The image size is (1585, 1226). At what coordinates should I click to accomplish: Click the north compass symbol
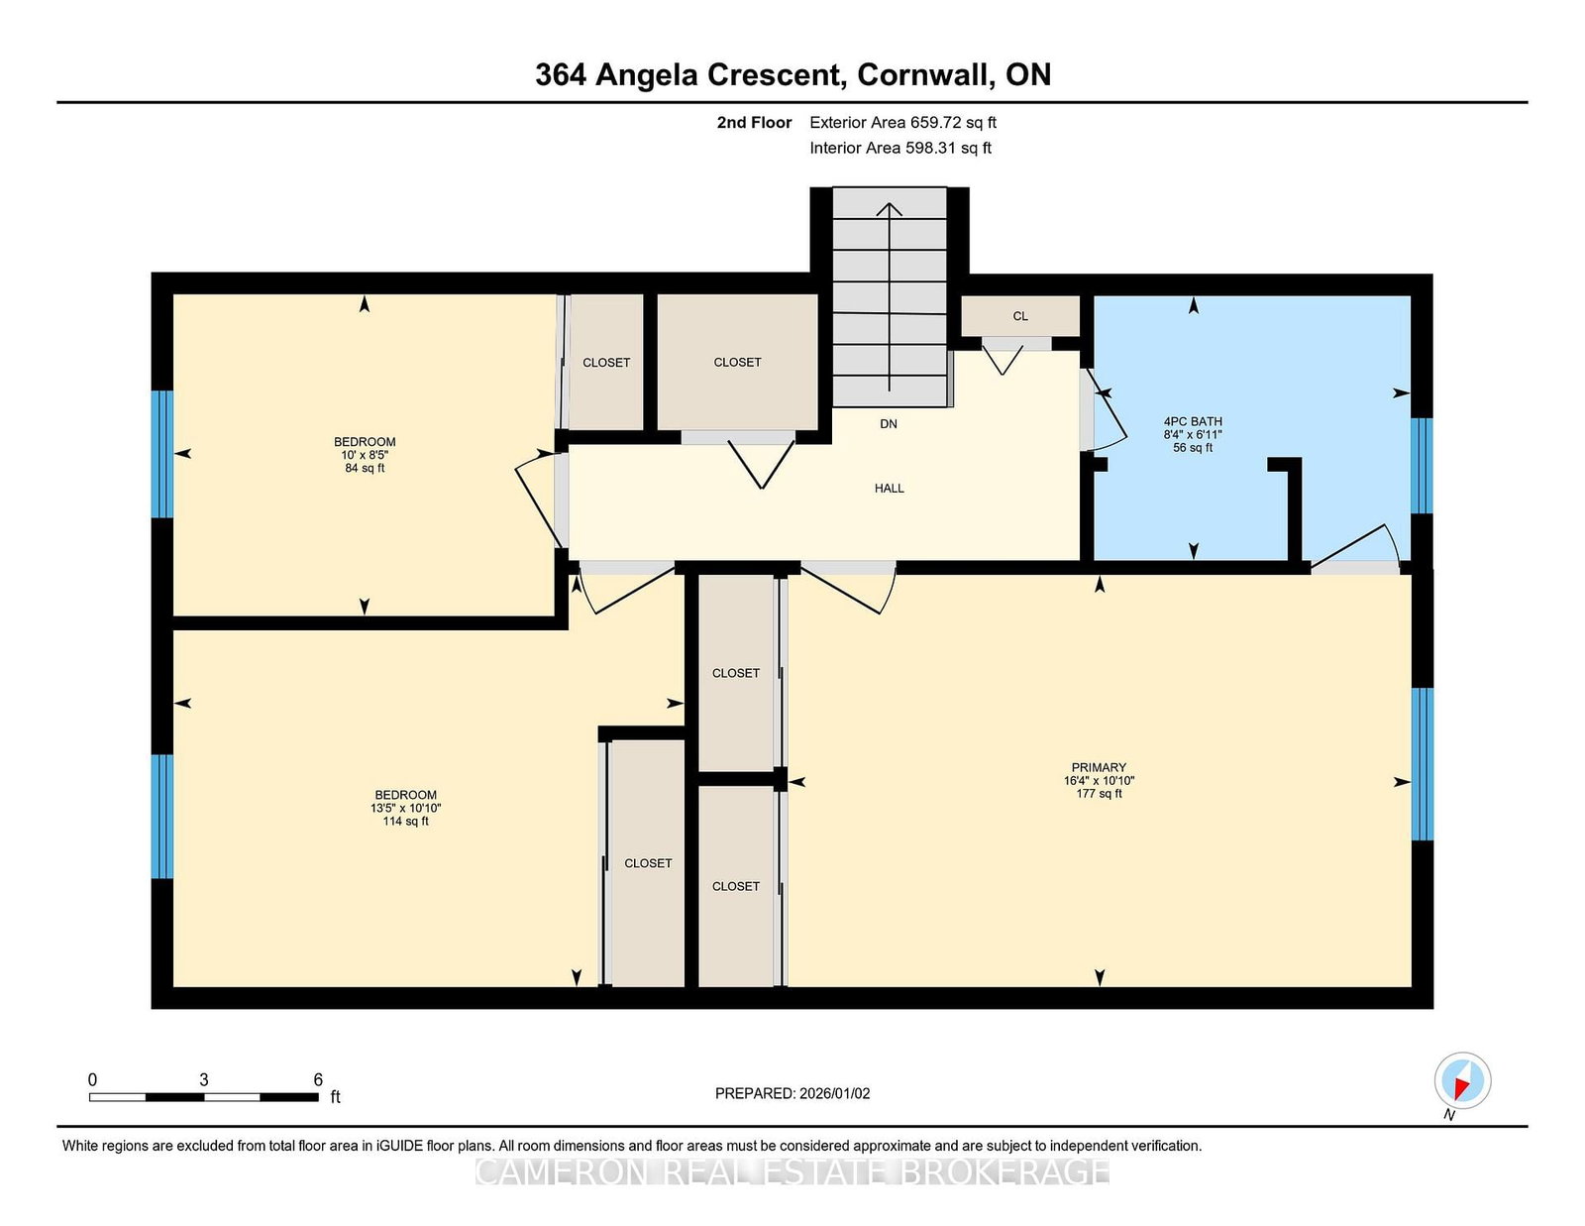point(1462,1080)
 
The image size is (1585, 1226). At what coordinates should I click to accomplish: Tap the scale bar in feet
point(204,1097)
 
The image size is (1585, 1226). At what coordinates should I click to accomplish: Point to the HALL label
point(890,489)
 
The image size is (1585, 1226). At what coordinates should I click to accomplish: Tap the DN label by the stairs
point(889,424)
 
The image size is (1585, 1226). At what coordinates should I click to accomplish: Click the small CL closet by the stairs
point(1020,316)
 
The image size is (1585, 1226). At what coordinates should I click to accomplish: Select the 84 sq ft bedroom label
point(365,455)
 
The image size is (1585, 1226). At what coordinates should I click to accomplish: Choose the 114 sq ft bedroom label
point(405,808)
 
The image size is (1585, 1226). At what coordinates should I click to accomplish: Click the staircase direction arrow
point(890,297)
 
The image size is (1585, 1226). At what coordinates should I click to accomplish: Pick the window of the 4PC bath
point(1422,466)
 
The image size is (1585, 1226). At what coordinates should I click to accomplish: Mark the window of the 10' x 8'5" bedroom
point(161,454)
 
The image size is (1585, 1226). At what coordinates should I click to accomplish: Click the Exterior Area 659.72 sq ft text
point(903,123)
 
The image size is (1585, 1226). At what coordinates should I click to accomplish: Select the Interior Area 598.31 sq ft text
point(900,148)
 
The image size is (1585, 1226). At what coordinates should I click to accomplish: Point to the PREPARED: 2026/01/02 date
point(792,1094)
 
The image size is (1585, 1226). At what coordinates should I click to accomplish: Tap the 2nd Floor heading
point(754,123)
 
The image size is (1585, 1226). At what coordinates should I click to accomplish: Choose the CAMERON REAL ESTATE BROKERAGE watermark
point(792,1172)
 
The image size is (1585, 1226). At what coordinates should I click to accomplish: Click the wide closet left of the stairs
point(737,362)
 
